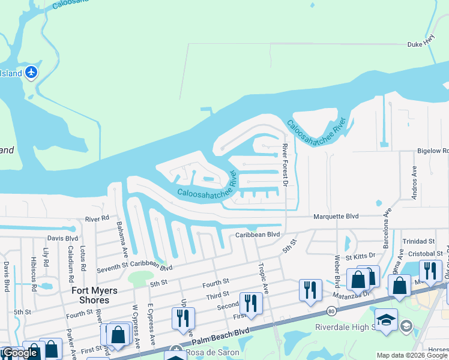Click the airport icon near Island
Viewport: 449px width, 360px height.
31,73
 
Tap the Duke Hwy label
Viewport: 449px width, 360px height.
420,44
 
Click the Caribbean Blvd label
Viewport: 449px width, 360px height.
258,235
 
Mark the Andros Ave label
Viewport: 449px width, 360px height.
414,179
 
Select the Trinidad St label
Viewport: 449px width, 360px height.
418,241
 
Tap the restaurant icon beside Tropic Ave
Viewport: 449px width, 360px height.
250,303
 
